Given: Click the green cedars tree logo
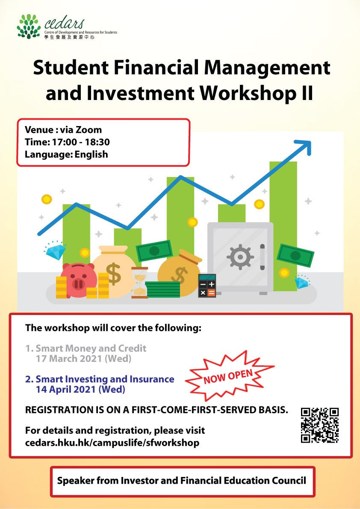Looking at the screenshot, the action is click(29, 26).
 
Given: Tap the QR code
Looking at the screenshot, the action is click(320, 425).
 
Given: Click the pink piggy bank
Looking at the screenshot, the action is click(78, 280).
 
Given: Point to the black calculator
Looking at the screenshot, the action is click(207, 285).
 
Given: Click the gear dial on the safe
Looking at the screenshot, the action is click(240, 257).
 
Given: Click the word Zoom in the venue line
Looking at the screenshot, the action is click(89, 130).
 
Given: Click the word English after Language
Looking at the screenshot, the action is click(91, 155).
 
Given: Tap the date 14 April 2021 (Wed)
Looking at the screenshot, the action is click(80, 389).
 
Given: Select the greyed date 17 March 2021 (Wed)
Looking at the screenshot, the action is click(83, 359).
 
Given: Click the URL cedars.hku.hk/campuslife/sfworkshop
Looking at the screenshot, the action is click(112, 442).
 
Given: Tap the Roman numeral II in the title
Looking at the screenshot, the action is click(305, 94).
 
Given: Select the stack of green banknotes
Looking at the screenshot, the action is click(162, 290).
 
